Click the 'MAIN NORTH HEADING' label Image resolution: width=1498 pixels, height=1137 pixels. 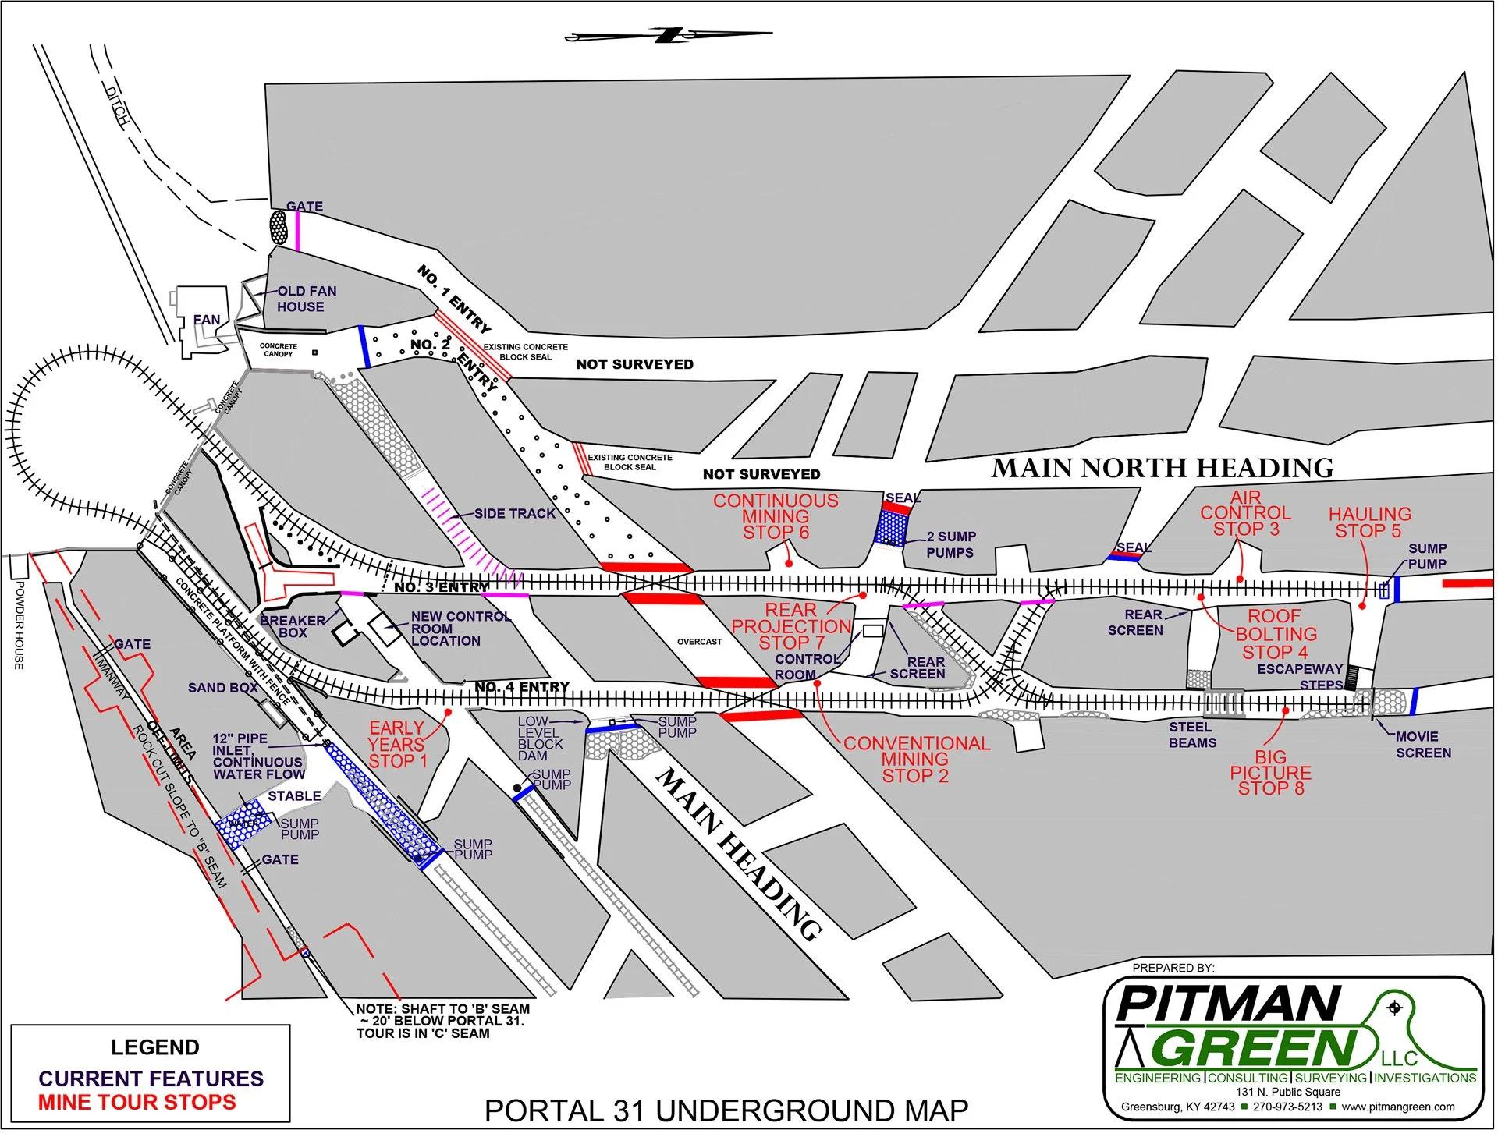1162,468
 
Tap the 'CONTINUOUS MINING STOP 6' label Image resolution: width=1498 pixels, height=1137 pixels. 776,516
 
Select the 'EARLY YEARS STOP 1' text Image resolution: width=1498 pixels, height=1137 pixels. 397,745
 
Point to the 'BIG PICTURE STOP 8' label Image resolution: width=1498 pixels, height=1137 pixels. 1270,773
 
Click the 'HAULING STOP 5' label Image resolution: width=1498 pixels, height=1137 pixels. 1369,522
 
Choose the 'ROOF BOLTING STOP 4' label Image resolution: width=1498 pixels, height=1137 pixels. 1276,634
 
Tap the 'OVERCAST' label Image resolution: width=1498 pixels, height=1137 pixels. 699,642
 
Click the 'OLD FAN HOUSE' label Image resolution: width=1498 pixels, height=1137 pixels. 306,299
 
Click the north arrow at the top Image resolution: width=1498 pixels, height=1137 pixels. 669,35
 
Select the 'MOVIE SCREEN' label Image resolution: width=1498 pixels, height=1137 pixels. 1423,745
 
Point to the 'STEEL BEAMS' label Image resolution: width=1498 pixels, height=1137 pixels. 1191,735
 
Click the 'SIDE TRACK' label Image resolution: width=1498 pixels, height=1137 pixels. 515,514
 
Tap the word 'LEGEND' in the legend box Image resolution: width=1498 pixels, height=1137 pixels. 154,1047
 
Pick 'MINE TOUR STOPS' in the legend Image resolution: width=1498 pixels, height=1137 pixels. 137,1103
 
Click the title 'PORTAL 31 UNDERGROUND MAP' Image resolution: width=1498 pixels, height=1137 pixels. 726,1110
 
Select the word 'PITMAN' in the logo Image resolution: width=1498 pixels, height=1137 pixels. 1228,1004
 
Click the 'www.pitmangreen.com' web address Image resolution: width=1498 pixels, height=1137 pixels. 1398,1107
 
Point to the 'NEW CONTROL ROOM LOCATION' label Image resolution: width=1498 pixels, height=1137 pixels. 460,629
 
